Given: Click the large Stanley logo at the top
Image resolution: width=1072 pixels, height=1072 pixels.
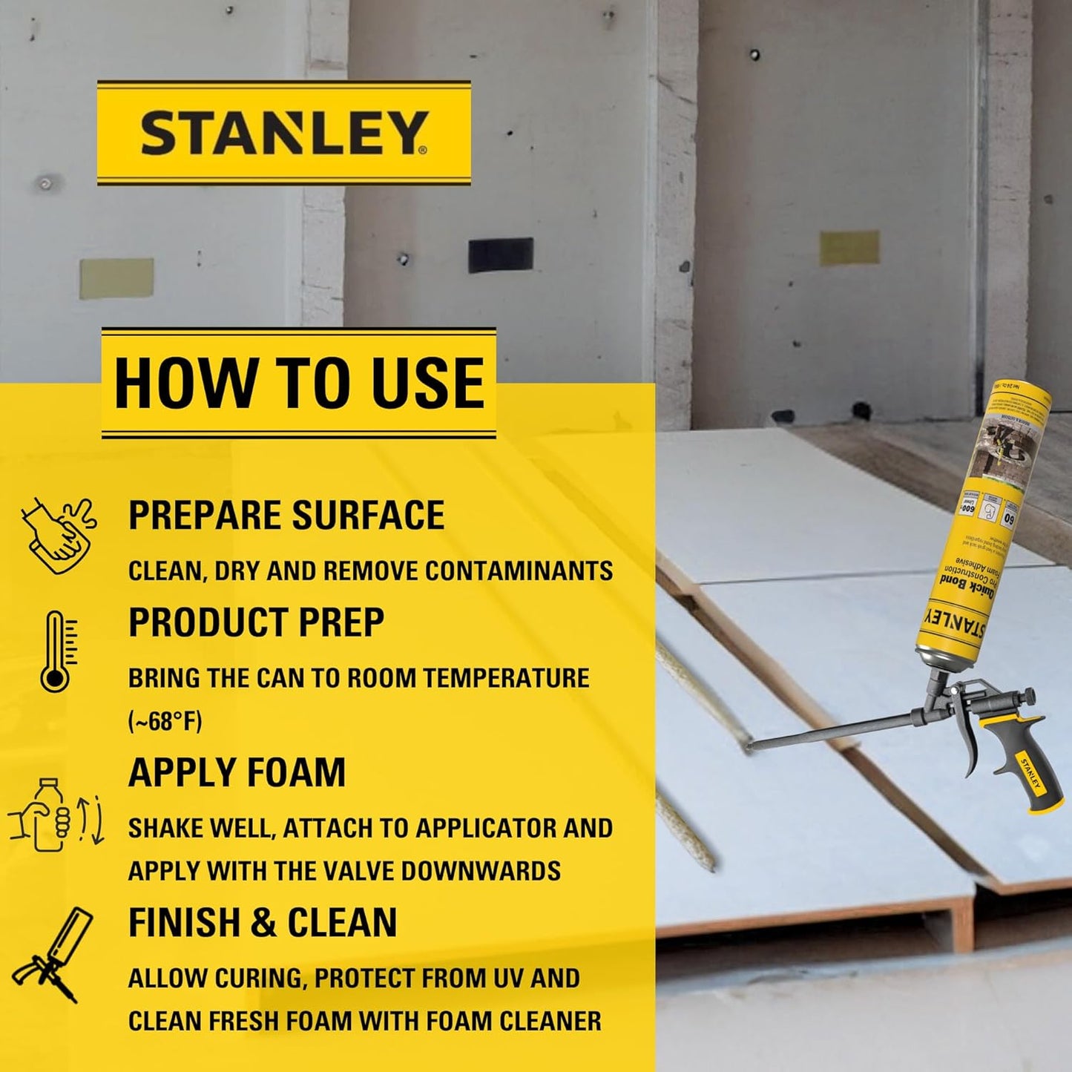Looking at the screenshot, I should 284,133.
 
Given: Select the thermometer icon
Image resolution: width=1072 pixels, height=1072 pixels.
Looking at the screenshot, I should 57,651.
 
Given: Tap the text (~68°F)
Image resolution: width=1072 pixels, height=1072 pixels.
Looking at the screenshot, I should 165,721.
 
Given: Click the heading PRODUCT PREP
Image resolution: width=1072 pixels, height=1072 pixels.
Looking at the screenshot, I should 256,622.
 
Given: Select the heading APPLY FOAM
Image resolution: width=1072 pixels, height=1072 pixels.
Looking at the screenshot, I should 237,772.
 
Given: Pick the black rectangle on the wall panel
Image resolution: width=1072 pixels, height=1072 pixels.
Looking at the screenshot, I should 501,254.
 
